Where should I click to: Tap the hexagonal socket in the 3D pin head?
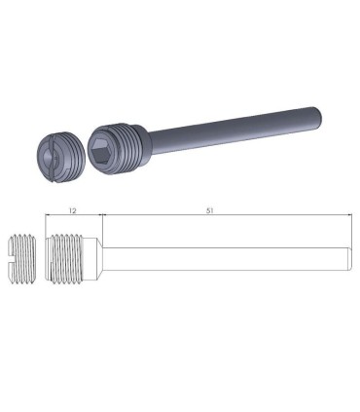click(x=105, y=154)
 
